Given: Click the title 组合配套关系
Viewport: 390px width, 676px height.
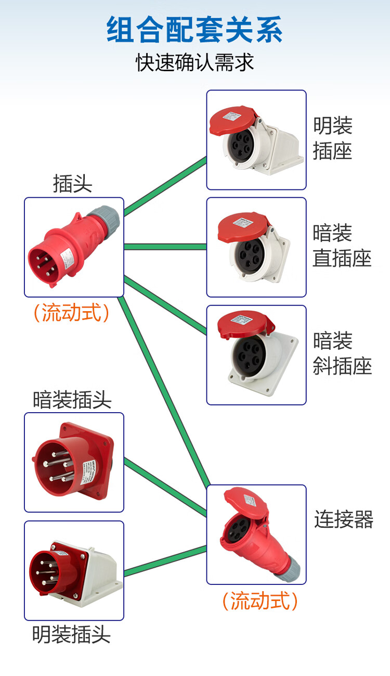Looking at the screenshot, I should tap(195, 30).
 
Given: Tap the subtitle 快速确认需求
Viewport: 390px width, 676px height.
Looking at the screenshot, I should tap(195, 62).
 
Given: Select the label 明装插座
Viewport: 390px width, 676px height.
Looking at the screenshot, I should tap(333, 138).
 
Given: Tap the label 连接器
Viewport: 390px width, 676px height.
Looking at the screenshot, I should tap(344, 519).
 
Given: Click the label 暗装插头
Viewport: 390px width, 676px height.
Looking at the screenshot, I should tap(72, 400).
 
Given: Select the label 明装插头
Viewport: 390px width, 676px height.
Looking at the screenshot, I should tap(72, 634).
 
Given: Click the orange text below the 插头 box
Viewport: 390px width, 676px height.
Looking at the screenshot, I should tap(72, 312).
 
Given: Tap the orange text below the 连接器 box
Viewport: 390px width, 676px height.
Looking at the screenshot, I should tap(260, 601).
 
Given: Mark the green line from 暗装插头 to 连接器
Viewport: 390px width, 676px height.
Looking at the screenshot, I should tap(165, 484).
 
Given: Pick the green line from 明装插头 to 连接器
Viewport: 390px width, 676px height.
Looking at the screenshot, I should tap(165, 560).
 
